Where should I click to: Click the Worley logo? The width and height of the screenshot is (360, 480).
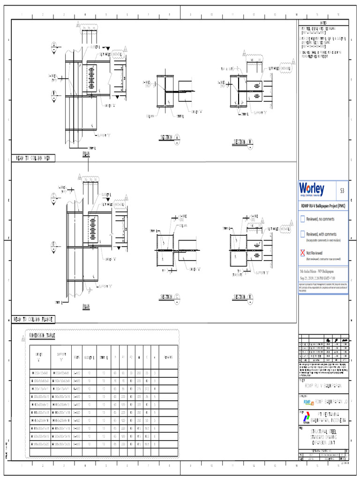pyautogui.click(x=312, y=189)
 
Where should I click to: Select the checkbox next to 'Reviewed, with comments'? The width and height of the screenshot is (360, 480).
pyautogui.click(x=302, y=234)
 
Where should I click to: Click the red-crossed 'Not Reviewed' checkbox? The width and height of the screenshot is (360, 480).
pyautogui.click(x=302, y=253)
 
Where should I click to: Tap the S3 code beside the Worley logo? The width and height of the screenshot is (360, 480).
pyautogui.click(x=342, y=190)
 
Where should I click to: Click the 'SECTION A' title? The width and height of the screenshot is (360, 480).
pyautogui.click(x=170, y=137)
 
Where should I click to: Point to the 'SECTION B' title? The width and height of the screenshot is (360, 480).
pyautogui.click(x=243, y=142)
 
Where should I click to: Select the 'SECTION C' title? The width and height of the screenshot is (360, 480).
pyautogui.click(x=170, y=297)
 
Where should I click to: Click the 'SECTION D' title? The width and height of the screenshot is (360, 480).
pyautogui.click(x=243, y=297)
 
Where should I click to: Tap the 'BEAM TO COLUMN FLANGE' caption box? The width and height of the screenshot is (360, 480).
pyautogui.click(x=35, y=319)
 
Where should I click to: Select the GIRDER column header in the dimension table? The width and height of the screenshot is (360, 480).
pyautogui.click(x=39, y=356)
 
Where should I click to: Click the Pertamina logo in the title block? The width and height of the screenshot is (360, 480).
pyautogui.click(x=305, y=417)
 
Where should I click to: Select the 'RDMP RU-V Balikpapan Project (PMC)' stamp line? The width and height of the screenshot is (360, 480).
pyautogui.click(x=323, y=205)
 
